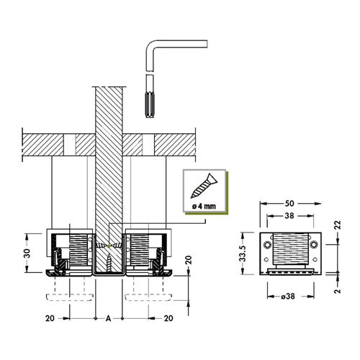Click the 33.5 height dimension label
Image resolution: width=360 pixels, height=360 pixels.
(x=243, y=253)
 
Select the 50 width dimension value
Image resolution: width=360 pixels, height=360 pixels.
(x=289, y=204)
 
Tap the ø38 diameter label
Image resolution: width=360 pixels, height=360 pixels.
(x=288, y=297)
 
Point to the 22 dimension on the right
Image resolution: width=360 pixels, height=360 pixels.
(x=338, y=225)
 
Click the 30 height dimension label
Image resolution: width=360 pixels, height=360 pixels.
(x=27, y=253)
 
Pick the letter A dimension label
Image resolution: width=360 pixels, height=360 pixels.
(x=109, y=318)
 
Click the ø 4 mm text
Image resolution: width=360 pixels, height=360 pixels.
(x=204, y=206)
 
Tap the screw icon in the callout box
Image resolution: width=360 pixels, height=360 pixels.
(x=204, y=186)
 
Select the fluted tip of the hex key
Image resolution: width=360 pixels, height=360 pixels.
(x=150, y=105)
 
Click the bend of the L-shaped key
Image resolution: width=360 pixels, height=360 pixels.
(x=151, y=46)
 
